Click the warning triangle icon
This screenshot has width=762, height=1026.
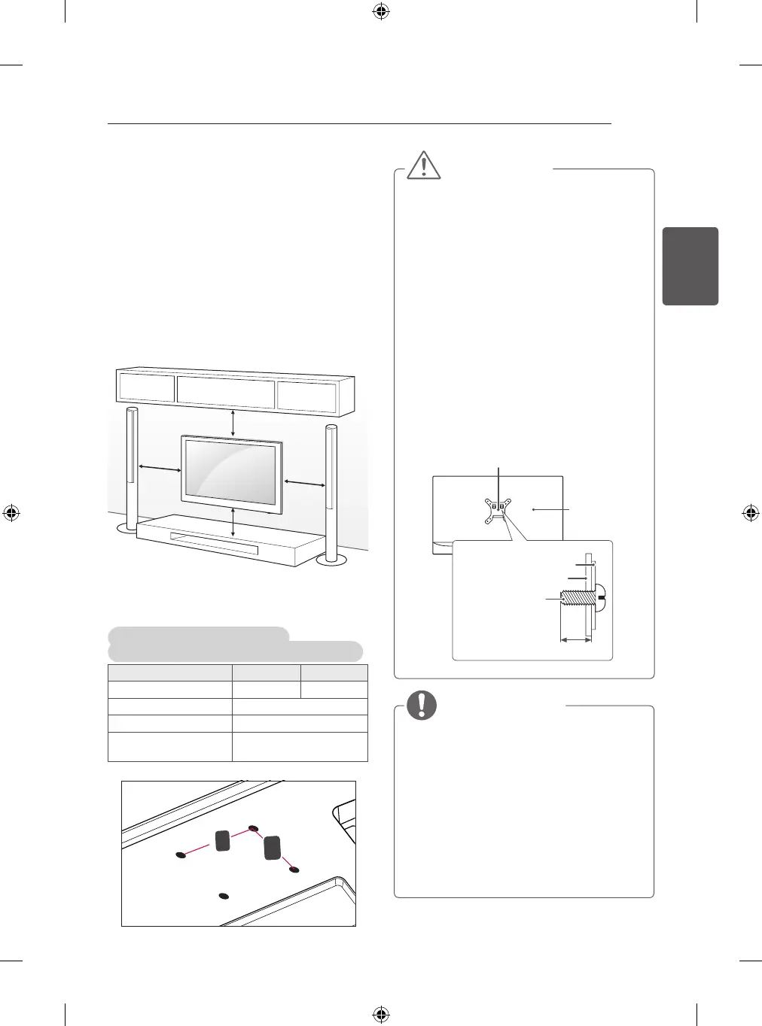tap(424, 165)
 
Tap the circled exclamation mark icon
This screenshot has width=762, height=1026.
tap(422, 704)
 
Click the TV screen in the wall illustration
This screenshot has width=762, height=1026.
tap(230, 472)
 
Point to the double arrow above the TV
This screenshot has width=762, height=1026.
tap(233, 423)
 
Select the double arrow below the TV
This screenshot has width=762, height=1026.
tap(233, 522)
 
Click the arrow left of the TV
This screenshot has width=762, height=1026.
tap(159, 469)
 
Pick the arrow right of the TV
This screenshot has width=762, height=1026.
tap(304, 482)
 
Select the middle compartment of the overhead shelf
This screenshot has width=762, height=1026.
tap(226, 393)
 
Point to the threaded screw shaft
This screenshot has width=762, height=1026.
tap(578, 600)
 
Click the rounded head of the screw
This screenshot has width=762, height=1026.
tap(599, 599)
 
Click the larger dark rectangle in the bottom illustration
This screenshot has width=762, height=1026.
tap(273, 848)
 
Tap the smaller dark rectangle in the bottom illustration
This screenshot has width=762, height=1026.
tap(223, 840)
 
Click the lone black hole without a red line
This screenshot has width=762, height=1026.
tap(222, 896)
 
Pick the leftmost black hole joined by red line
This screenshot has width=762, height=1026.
tap(181, 855)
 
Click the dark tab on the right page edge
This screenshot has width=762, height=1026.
tap(690, 266)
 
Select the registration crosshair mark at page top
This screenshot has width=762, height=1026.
tap(381, 11)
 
